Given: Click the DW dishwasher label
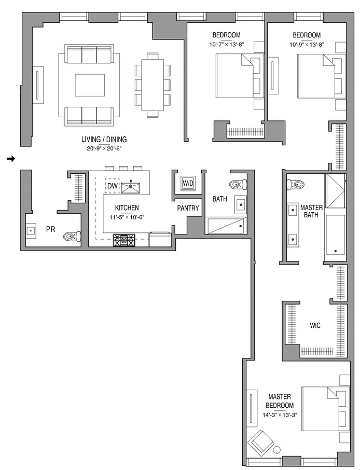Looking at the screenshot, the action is (113, 186).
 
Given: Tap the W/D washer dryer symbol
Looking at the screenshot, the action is (188, 183).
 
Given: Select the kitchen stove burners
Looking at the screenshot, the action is (124, 240).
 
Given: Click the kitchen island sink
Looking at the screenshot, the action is (131, 187).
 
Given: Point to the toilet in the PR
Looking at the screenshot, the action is (72, 237).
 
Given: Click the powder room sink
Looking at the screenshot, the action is (31, 231).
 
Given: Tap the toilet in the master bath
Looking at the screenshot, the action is (295, 185).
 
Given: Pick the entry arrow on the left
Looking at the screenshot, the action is (11, 159).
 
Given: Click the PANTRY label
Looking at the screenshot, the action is (188, 208).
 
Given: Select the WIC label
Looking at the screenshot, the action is (315, 325).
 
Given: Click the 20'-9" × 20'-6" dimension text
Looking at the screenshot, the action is (104, 148).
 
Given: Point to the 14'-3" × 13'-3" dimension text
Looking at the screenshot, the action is (279, 415).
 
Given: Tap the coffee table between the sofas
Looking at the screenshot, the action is (90, 85).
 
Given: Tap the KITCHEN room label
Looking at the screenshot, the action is (127, 208).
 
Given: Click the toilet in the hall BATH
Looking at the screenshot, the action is (238, 184).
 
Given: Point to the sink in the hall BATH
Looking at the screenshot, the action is (241, 205).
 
